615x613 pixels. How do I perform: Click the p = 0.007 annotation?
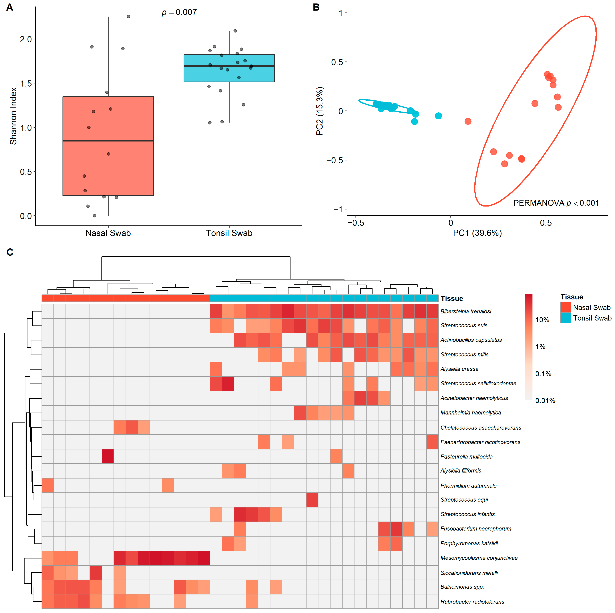tap(179, 12)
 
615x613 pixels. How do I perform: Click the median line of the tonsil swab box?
tap(229, 66)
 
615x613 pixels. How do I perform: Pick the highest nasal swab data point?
tap(129, 17)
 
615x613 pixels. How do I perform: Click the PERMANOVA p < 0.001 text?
tap(556, 203)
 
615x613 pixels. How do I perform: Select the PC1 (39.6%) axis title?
tap(478, 233)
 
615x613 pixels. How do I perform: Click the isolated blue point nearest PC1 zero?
tap(438, 116)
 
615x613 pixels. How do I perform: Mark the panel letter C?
tap(10, 252)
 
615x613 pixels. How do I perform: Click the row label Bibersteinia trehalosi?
tap(466, 311)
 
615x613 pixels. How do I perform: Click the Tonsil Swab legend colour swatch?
tap(566, 318)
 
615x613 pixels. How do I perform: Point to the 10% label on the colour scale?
tap(542, 320)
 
